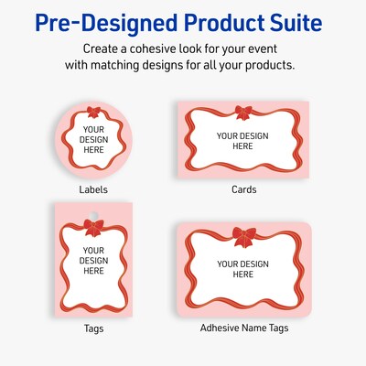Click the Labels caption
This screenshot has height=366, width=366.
point(93,189)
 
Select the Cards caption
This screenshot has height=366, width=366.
point(243,189)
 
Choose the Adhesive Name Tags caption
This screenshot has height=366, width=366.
point(243,327)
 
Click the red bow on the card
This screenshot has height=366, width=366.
point(243,113)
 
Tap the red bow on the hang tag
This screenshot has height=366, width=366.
point(93,226)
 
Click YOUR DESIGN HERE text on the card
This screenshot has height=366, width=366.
point(243,141)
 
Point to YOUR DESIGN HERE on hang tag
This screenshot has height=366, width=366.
point(93,260)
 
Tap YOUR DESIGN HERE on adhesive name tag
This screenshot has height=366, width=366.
point(243,269)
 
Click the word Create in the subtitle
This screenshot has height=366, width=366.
point(103,48)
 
